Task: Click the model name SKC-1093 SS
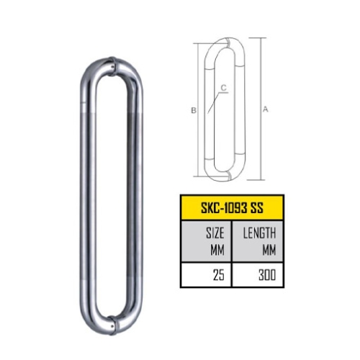click(232, 208)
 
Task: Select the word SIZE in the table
click(215, 233)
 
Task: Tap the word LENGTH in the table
click(259, 233)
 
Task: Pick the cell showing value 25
click(206, 275)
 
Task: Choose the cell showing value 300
click(258, 275)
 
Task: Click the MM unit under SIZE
click(217, 250)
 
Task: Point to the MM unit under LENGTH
click(269, 250)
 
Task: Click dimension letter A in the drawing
click(265, 109)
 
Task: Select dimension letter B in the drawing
click(194, 110)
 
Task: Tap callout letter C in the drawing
click(224, 88)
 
